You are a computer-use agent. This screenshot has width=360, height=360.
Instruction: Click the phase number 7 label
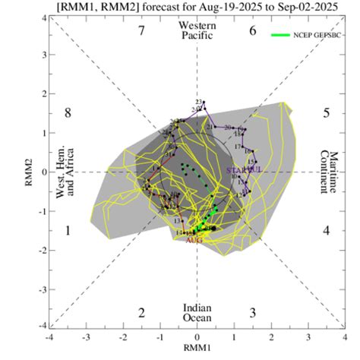click(141, 31)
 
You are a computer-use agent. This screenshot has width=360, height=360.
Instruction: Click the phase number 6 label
click(253, 31)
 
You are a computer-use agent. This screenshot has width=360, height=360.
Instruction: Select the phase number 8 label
click(68, 113)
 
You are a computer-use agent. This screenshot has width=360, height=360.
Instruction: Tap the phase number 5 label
click(326, 113)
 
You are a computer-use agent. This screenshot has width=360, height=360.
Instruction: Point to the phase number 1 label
click(68, 230)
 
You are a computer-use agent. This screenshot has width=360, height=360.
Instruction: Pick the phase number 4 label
click(326, 230)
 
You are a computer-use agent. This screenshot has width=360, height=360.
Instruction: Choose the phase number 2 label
click(141, 312)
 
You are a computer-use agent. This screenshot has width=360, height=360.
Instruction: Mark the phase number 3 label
click(253, 312)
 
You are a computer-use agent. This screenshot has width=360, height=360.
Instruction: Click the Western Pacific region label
click(197, 31)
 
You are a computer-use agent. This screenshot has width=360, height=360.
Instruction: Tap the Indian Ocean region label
click(197, 312)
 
